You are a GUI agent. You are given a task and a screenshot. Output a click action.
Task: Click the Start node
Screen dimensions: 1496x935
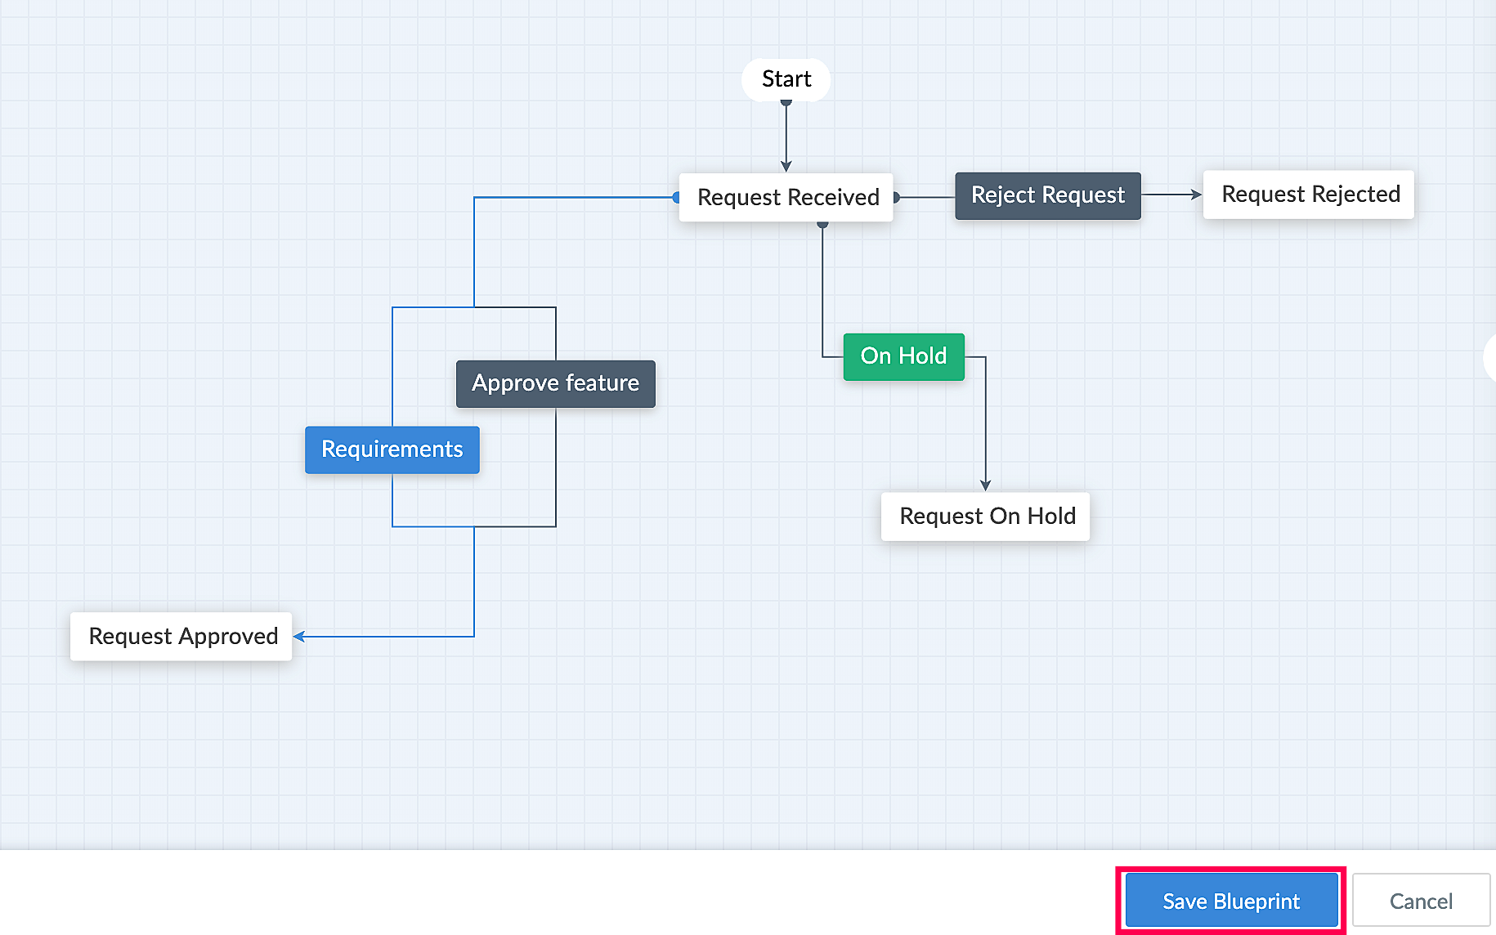pyautogui.click(x=786, y=79)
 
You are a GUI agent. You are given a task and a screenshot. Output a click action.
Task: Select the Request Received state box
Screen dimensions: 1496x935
pyautogui.click(x=786, y=197)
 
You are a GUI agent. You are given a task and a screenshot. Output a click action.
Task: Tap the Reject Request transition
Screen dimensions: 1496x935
pyautogui.click(x=1048, y=195)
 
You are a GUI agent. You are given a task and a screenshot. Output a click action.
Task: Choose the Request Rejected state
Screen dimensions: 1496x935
pyautogui.click(x=1309, y=195)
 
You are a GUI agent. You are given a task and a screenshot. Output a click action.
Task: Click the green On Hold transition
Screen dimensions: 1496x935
pyautogui.click(x=904, y=356)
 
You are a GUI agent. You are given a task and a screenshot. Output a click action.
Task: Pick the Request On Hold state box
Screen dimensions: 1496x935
pyautogui.click(x=986, y=517)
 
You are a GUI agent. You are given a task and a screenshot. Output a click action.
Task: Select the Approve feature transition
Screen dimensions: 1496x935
pyautogui.click(x=556, y=383)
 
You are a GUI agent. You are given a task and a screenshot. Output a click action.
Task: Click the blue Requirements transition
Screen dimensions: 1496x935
pyautogui.click(x=392, y=450)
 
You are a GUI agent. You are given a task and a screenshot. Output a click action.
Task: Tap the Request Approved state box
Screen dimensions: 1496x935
pyautogui.click(x=181, y=637)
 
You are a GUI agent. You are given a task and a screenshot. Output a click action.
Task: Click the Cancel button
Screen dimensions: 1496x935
pyautogui.click(x=1421, y=901)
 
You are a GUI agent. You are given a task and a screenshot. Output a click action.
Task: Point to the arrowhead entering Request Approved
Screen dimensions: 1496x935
pyautogui.click(x=299, y=637)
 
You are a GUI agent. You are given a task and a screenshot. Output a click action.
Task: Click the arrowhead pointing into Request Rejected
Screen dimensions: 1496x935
pyautogui.click(x=1197, y=195)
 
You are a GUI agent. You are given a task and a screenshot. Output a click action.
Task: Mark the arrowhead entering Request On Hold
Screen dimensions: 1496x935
pyautogui.click(x=986, y=485)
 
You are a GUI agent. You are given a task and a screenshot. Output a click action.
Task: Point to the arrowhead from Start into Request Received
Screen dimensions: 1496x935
pyautogui.click(x=786, y=167)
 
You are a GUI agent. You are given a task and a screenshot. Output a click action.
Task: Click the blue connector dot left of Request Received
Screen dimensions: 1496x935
pyautogui.click(x=676, y=197)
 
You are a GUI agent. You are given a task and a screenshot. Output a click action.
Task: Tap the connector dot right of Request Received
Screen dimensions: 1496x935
pyautogui.click(x=897, y=197)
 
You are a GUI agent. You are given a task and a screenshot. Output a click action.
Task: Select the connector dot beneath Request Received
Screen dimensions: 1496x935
pyautogui.click(x=823, y=224)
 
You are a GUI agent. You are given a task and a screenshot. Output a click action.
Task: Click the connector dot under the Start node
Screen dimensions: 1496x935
pyautogui.click(x=786, y=103)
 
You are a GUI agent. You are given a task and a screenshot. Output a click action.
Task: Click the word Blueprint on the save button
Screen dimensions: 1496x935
pyautogui.click(x=1256, y=901)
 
